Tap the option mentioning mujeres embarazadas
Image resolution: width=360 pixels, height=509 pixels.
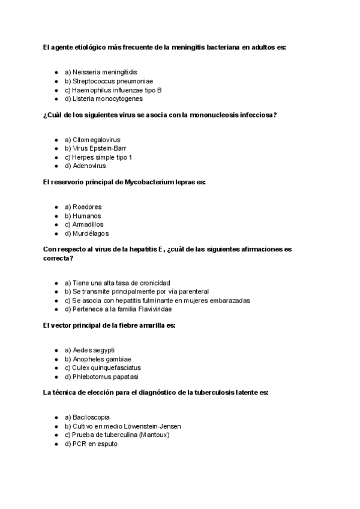pos(157,300)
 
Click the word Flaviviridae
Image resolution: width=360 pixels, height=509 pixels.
pos(149,309)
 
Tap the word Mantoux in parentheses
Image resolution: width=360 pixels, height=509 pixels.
pos(154,435)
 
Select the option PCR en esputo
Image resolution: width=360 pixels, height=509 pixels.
pos(91,444)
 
